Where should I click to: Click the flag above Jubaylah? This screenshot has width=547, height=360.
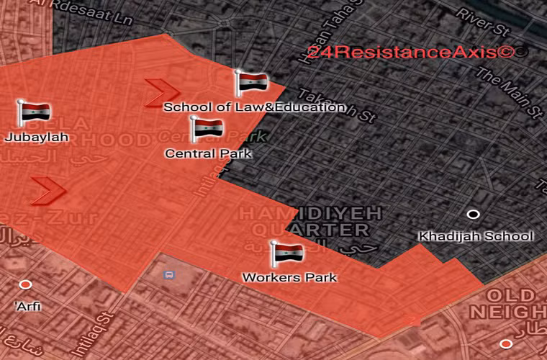click(x=35, y=112)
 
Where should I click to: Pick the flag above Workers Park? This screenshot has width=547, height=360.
click(x=287, y=253)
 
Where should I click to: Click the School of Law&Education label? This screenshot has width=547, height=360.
click(x=255, y=107)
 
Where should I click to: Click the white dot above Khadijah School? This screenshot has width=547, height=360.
click(x=473, y=215)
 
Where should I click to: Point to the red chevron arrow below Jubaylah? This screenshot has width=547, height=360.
click(x=48, y=189)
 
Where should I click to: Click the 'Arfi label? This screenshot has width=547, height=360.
click(x=27, y=307)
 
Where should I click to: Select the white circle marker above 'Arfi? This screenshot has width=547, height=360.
click(x=26, y=284)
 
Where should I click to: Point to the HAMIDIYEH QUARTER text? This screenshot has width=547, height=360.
click(x=303, y=222)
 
